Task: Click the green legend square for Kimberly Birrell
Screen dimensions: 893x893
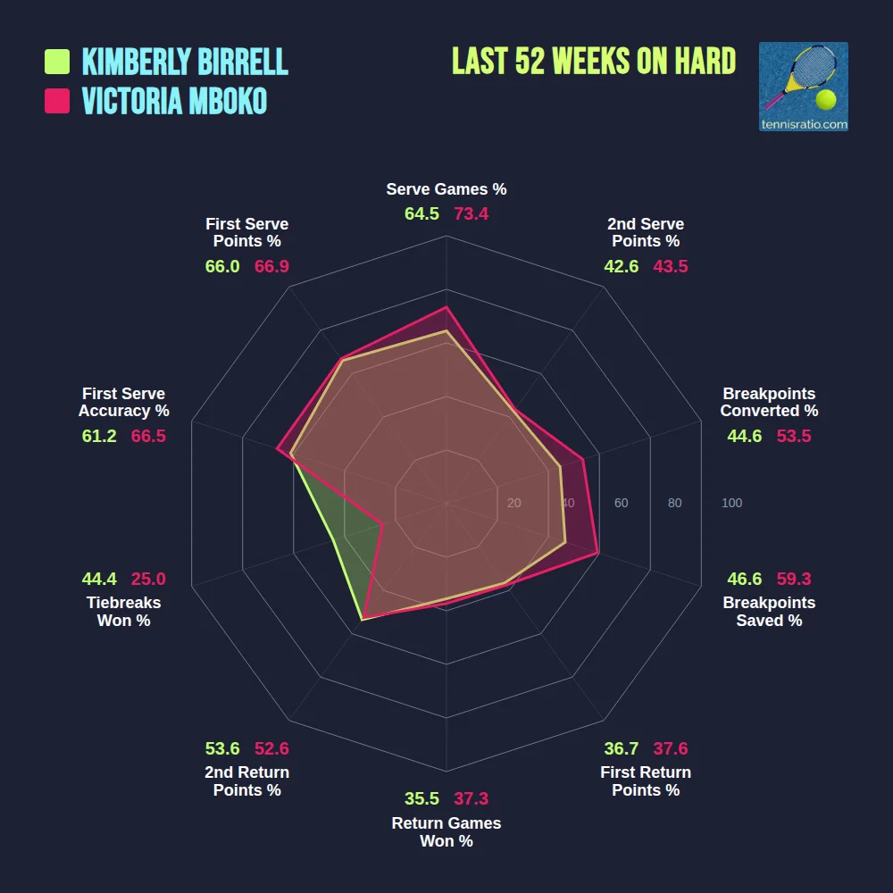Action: (57, 62)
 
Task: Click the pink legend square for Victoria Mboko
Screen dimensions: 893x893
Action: (57, 101)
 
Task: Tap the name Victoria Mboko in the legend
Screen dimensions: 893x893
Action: (174, 101)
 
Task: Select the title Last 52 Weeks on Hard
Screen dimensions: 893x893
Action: (594, 62)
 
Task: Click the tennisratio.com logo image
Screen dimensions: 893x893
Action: (803, 87)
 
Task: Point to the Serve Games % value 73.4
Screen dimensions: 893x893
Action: (472, 214)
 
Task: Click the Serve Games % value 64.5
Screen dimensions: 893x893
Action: (421, 214)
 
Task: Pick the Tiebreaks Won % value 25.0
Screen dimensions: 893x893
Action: (148, 579)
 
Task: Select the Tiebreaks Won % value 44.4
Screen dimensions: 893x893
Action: (99, 579)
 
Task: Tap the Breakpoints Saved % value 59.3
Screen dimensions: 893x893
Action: (794, 579)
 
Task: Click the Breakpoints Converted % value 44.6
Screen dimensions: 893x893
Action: (745, 437)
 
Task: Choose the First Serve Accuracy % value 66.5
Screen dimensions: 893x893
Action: (148, 437)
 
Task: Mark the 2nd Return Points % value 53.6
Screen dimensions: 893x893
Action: (222, 749)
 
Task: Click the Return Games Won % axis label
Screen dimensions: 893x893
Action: (446, 832)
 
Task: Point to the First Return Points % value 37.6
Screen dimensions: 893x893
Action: (671, 749)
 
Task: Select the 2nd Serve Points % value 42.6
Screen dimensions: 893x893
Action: (621, 266)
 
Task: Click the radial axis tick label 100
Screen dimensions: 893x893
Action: (731, 504)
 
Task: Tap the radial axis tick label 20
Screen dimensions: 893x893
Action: (513, 504)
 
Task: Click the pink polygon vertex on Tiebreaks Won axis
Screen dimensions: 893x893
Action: (382, 524)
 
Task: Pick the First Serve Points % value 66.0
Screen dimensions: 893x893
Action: (222, 266)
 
